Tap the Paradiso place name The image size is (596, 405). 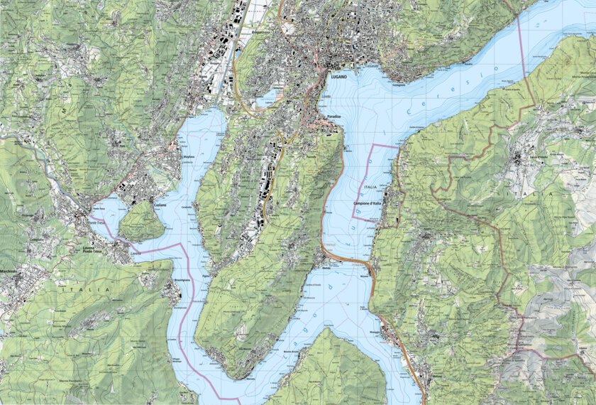334,116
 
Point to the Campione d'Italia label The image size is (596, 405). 367,205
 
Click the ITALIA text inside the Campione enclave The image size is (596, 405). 370,187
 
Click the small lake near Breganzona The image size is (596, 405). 267,99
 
